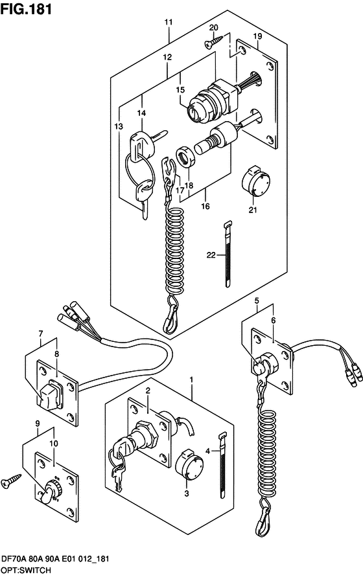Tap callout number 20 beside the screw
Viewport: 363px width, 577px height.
tap(213, 27)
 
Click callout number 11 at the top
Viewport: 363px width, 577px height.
tap(168, 22)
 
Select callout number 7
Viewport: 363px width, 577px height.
tap(40, 334)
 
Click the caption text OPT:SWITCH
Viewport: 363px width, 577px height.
tap(25, 570)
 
